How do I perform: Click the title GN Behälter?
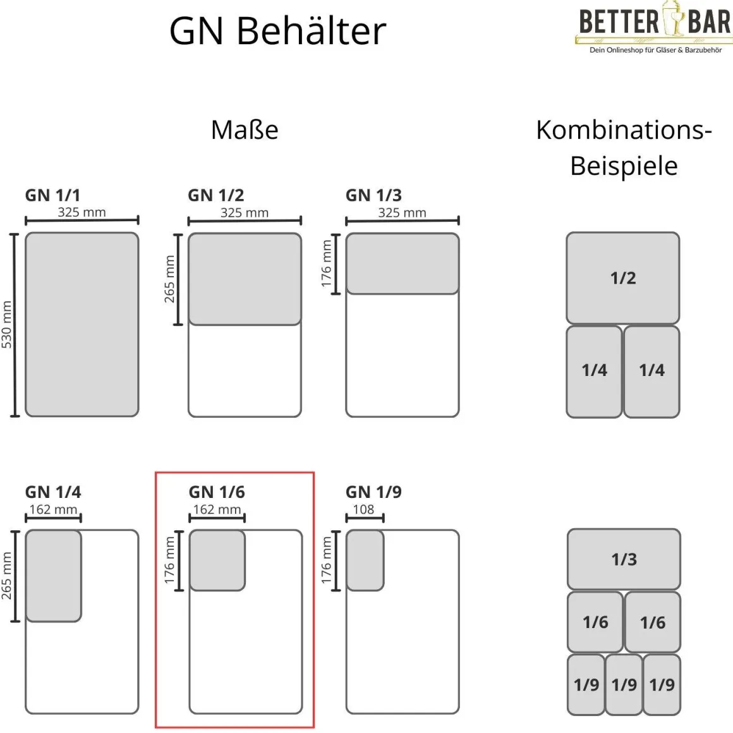click(277, 30)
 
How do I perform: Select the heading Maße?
click(245, 130)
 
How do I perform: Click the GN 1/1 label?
click(52, 195)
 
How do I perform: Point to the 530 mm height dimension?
click(7, 325)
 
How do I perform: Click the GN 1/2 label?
click(215, 195)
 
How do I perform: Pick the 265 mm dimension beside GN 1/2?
click(169, 279)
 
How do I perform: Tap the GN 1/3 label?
click(373, 195)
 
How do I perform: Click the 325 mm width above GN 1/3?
click(402, 212)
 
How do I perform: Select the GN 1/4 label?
click(53, 492)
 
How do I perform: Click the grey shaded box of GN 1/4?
click(54, 576)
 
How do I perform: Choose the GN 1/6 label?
click(217, 492)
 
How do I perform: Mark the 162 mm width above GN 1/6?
click(217, 509)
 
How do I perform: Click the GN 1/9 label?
click(373, 492)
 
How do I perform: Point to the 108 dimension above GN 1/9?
click(363, 509)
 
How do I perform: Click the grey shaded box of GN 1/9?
click(365, 560)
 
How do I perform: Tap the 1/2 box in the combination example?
click(623, 278)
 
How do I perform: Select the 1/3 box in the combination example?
click(624, 559)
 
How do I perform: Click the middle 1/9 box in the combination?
click(624, 684)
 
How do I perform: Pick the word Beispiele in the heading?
click(624, 166)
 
